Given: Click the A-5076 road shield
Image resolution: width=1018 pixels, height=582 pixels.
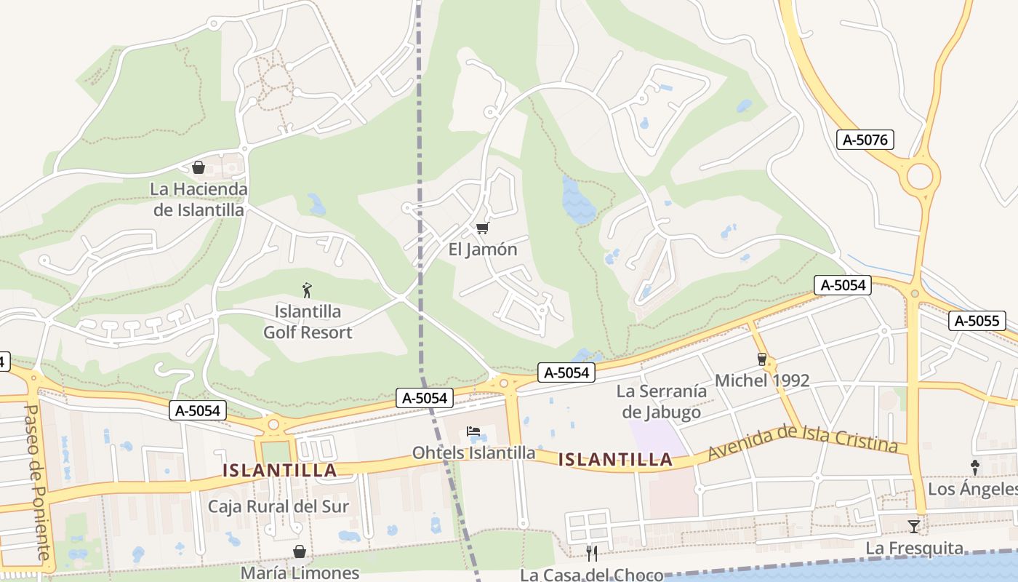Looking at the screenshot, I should [x=865, y=140].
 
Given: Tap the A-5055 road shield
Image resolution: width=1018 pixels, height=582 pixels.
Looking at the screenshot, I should [x=977, y=321].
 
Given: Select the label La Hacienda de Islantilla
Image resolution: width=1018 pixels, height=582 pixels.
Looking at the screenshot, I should [x=199, y=199].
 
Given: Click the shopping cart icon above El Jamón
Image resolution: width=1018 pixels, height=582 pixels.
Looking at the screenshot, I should [x=481, y=228].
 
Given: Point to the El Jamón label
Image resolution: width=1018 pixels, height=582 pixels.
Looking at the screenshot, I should [x=483, y=250].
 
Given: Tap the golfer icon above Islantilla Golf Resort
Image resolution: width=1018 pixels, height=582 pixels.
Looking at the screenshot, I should [x=307, y=290].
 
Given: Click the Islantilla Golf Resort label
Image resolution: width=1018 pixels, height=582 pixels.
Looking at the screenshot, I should [x=308, y=322].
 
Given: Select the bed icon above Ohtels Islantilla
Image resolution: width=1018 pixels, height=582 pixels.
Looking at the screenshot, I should [x=473, y=432].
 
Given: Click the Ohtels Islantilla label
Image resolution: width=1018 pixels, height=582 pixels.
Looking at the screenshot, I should [x=473, y=453].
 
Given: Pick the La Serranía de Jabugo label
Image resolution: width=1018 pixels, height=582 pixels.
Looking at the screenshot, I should [x=662, y=402].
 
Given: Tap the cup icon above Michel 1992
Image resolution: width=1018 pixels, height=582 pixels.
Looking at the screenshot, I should [x=761, y=359].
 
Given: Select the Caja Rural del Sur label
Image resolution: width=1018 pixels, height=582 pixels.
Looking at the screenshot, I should [x=278, y=506].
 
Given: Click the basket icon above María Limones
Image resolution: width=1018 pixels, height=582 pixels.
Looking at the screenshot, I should [x=299, y=551].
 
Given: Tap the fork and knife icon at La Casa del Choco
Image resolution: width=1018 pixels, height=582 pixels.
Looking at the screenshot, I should [x=592, y=554].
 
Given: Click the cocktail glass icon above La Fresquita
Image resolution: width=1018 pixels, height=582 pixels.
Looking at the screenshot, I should [x=914, y=526].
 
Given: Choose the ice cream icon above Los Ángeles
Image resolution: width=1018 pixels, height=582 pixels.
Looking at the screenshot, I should [x=975, y=468].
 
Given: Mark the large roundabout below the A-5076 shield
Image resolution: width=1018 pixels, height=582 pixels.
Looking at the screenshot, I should [x=920, y=176].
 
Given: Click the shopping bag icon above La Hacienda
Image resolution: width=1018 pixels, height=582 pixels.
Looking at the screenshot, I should [x=199, y=168].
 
